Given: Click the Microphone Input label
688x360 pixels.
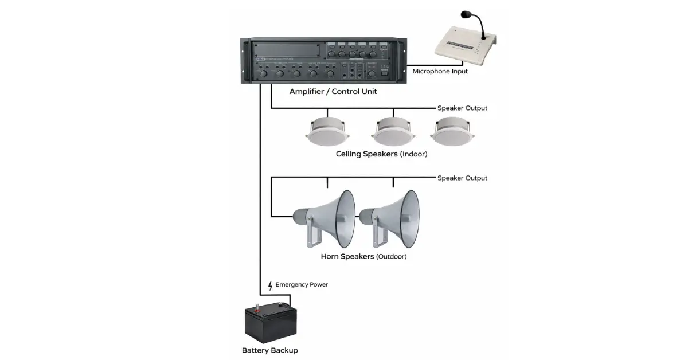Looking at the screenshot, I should coord(440,72).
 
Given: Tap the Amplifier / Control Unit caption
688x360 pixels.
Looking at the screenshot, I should coord(333,92).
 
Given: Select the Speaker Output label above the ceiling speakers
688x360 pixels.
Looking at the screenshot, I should coord(462,108).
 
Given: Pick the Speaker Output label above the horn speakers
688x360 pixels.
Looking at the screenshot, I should coord(462,178).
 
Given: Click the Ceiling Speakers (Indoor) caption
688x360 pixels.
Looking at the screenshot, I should coord(381,154).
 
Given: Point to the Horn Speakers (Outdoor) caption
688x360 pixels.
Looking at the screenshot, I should coord(363,256).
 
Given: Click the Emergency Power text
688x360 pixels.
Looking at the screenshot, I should coord(302,285).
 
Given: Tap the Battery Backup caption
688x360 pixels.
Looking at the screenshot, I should coord(270,350).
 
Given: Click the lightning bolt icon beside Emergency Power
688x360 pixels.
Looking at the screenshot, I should coord(271,285).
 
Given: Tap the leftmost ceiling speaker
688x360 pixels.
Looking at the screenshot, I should coord(326,132).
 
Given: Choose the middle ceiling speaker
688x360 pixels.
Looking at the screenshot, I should coord(391,132).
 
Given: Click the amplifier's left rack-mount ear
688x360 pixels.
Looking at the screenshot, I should coord(245,61).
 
